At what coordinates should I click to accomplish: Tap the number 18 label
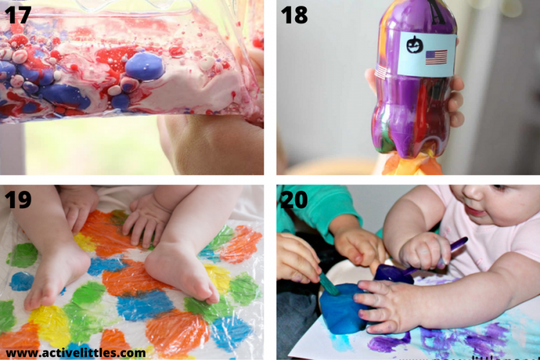tap(294, 14)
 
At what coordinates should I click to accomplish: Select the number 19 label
tap(19, 199)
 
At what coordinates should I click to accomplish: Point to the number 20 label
tap(294, 199)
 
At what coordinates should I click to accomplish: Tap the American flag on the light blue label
tap(436, 57)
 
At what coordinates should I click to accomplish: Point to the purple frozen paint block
tap(393, 274)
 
